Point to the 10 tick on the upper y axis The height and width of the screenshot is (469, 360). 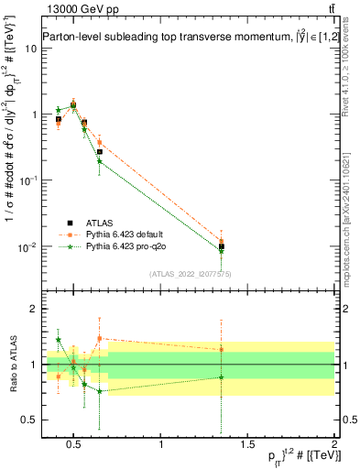(x=32, y=49)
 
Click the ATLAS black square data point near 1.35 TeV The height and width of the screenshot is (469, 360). (x=222, y=246)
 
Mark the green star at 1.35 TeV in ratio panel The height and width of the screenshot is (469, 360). (x=222, y=377)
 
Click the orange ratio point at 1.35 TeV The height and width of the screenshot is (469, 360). (x=222, y=349)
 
